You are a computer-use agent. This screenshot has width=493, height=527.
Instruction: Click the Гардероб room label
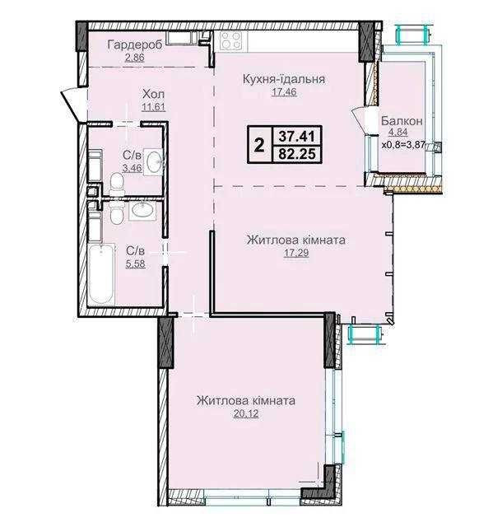[135, 44]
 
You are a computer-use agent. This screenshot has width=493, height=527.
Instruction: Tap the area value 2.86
[135, 58]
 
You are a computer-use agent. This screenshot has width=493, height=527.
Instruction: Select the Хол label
[153, 94]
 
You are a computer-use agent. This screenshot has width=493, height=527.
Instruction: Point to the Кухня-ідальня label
[284, 79]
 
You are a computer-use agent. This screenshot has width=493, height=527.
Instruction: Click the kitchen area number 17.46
[284, 91]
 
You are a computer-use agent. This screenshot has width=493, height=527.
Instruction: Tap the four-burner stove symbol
[230, 40]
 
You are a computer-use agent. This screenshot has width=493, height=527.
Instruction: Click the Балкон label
[402, 121]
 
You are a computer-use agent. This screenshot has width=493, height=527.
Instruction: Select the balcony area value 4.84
[398, 132]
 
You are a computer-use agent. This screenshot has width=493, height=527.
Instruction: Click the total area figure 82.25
[298, 154]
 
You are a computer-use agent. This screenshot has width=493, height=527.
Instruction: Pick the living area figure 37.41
[298, 137]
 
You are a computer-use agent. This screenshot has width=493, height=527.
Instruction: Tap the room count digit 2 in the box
[259, 146]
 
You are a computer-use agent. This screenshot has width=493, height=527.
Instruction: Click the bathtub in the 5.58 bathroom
[101, 274]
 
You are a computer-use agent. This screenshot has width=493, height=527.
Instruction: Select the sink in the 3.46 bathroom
[154, 161]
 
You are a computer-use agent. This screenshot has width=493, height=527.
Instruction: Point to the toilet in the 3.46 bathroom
[117, 184]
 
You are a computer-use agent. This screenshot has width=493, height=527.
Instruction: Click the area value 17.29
[296, 253]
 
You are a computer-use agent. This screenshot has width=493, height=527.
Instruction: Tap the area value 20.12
[246, 413]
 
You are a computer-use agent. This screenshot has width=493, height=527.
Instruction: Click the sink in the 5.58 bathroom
[142, 210]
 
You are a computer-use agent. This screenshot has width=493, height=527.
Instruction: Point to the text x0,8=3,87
[403, 145]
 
